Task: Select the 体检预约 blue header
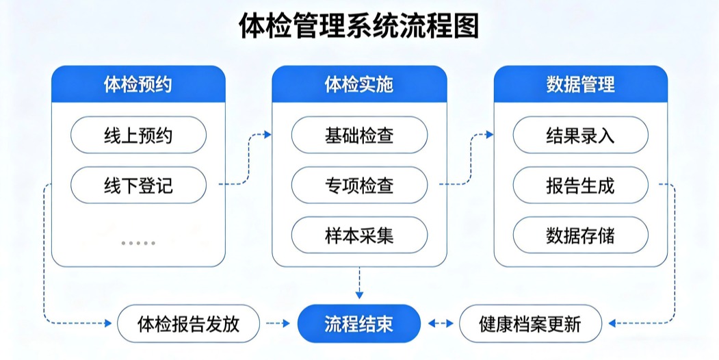coord(138,84)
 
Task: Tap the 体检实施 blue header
coord(359,84)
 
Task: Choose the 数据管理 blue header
coord(580,84)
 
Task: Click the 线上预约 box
coord(138,135)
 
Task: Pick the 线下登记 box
coord(138,185)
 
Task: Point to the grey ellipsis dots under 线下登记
coord(138,243)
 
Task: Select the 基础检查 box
coord(359,135)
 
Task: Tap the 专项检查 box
coord(359,185)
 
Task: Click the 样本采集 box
coord(359,235)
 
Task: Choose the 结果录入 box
coord(580,135)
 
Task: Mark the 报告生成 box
coord(580,185)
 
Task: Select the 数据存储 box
coord(580,235)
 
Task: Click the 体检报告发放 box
coord(189,323)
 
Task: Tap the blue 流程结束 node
coord(359,323)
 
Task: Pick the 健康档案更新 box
coord(530,323)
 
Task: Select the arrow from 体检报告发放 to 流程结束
coord(277,323)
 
